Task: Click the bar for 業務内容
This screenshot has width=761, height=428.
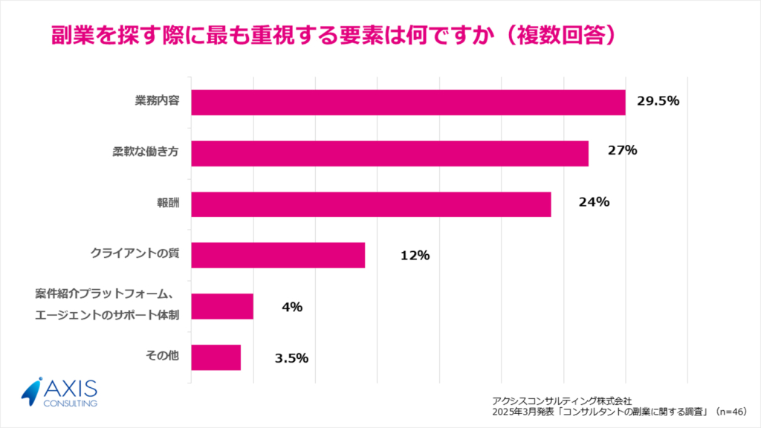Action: pos(408,102)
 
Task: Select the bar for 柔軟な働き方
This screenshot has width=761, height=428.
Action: pos(389,153)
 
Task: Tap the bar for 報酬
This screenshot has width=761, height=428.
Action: pos(371,204)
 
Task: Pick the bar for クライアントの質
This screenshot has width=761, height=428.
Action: pos(278,255)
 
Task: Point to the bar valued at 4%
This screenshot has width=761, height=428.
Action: pos(222,306)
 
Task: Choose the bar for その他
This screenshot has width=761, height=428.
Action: pos(216,357)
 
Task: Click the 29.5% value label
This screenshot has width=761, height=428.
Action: pos(657,101)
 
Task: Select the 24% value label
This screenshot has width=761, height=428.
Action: pos(595,201)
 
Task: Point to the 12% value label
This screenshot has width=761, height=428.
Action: pos(415,256)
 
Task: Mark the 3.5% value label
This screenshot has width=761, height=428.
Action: pos(291,357)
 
